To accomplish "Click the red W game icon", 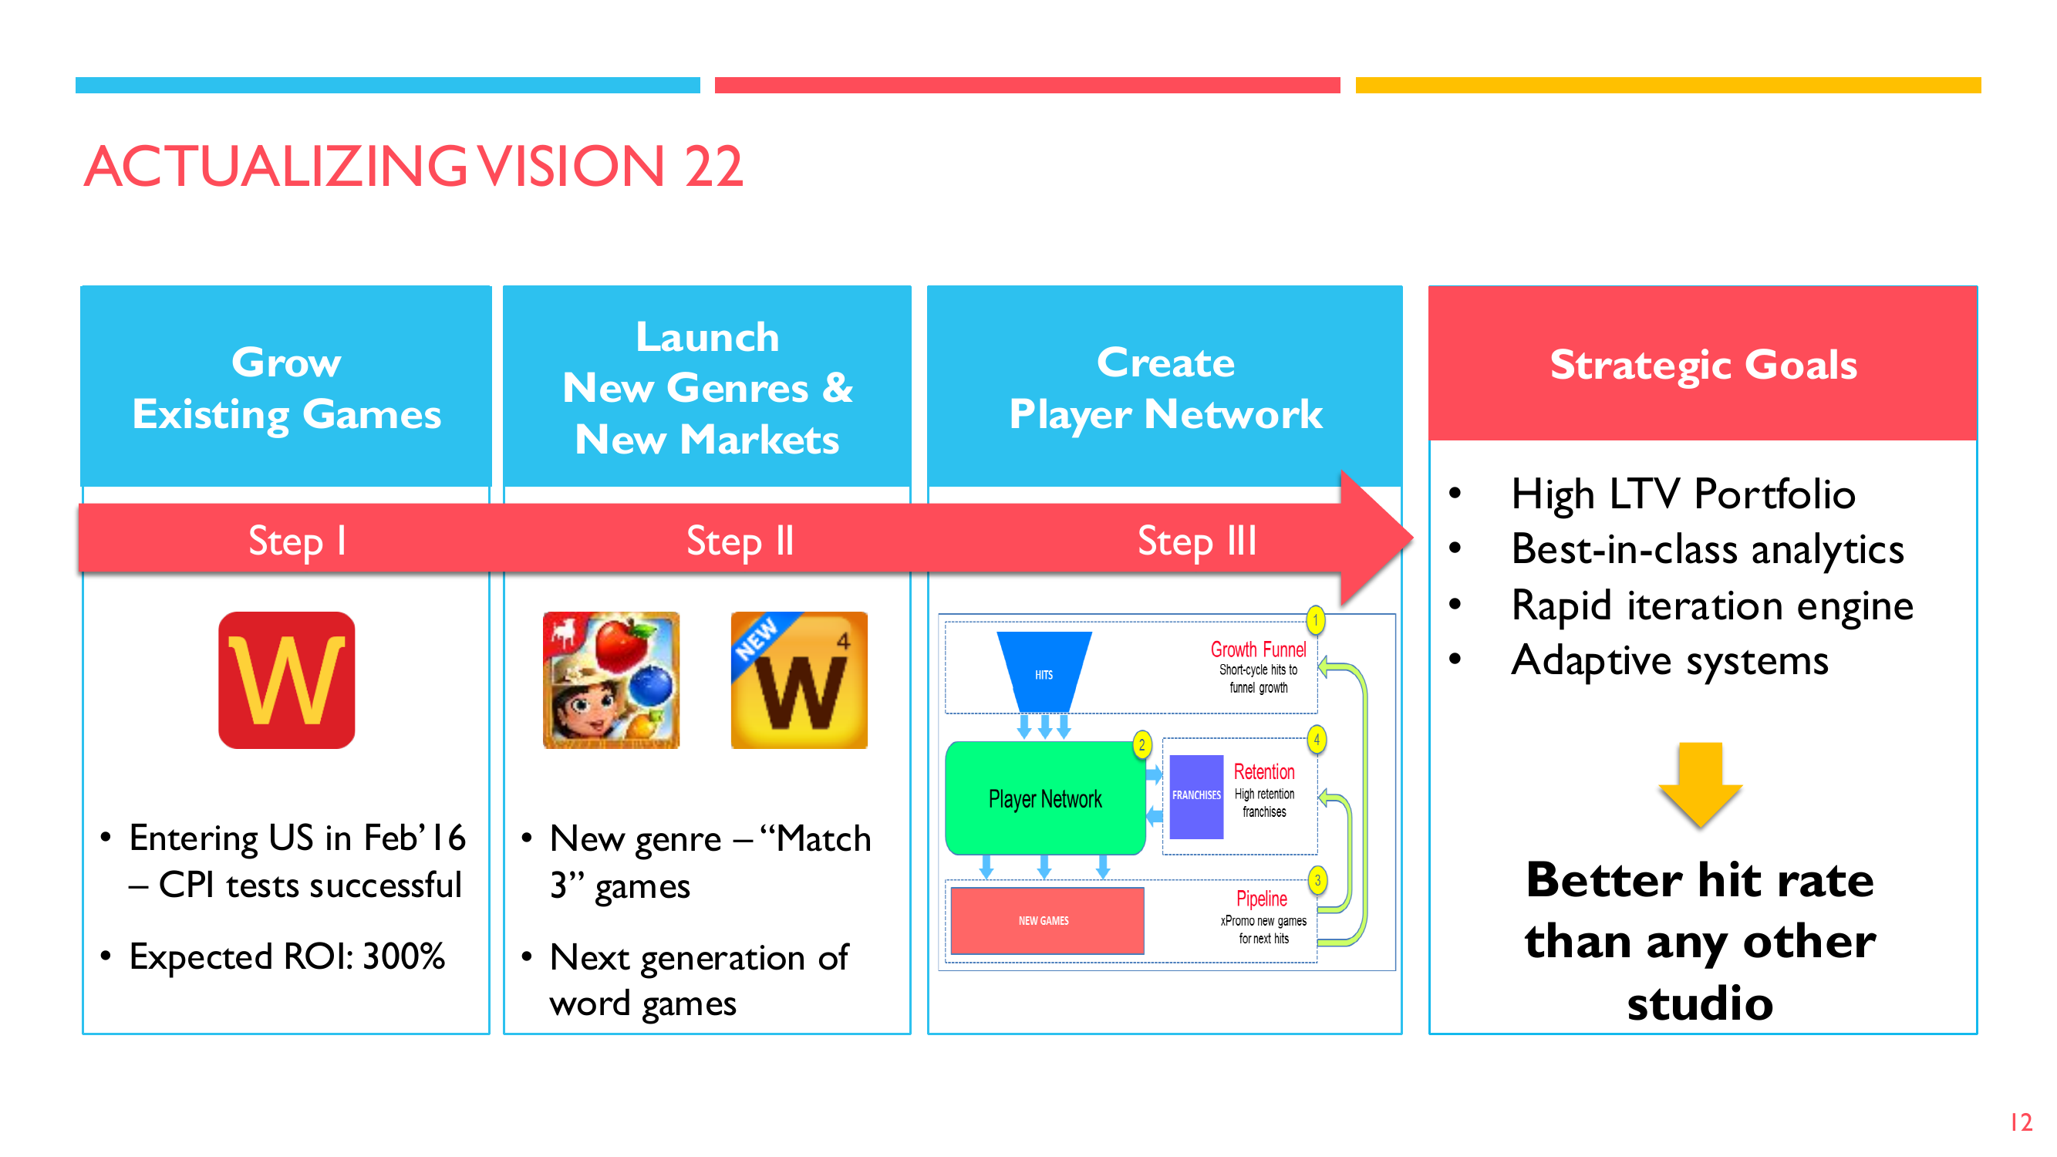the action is click(x=287, y=680).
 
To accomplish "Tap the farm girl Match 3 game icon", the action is click(x=611, y=680).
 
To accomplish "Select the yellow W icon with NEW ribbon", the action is click(x=799, y=680).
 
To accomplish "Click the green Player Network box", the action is click(x=1045, y=798).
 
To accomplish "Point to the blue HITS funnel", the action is click(x=1044, y=672).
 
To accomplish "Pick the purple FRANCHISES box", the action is click(x=1196, y=795).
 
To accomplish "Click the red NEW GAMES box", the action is click(x=1047, y=921).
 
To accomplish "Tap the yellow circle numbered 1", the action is click(x=1316, y=620).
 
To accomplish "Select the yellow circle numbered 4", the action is click(x=1317, y=740).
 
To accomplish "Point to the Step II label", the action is click(x=740, y=541).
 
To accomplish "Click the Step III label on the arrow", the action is click(x=1197, y=541).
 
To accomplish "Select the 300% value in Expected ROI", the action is click(x=403, y=956).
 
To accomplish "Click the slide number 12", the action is click(x=2021, y=1122).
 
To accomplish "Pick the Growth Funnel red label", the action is click(x=1259, y=649).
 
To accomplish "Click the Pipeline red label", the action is click(x=1262, y=899).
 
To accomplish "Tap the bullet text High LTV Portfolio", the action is click(x=1683, y=494).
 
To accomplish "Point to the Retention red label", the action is click(x=1264, y=771).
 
